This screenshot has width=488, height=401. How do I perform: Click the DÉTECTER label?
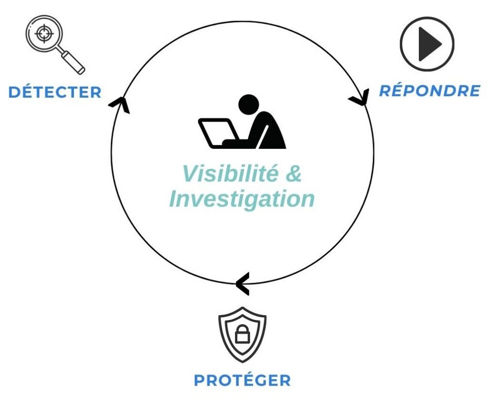tap(55, 92)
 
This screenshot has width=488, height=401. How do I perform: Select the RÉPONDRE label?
tap(429, 91)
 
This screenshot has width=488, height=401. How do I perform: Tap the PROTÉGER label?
tap(242, 380)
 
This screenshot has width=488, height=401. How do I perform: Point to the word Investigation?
tap(242, 199)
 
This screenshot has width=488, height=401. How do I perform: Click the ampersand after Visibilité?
tap(295, 174)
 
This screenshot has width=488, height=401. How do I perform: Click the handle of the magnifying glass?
tap(73, 62)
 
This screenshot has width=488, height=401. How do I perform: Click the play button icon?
tap(427, 44)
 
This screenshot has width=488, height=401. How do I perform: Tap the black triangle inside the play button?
tap(428, 44)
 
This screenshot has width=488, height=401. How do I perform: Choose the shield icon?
tap(242, 334)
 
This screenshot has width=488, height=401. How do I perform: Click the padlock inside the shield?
tap(242, 335)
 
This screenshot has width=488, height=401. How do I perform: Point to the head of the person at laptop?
tap(248, 103)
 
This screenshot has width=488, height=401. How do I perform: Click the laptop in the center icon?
tap(217, 132)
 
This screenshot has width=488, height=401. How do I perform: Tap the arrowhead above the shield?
tap(242, 283)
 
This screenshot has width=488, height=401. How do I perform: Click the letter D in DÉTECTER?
tap(15, 92)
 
